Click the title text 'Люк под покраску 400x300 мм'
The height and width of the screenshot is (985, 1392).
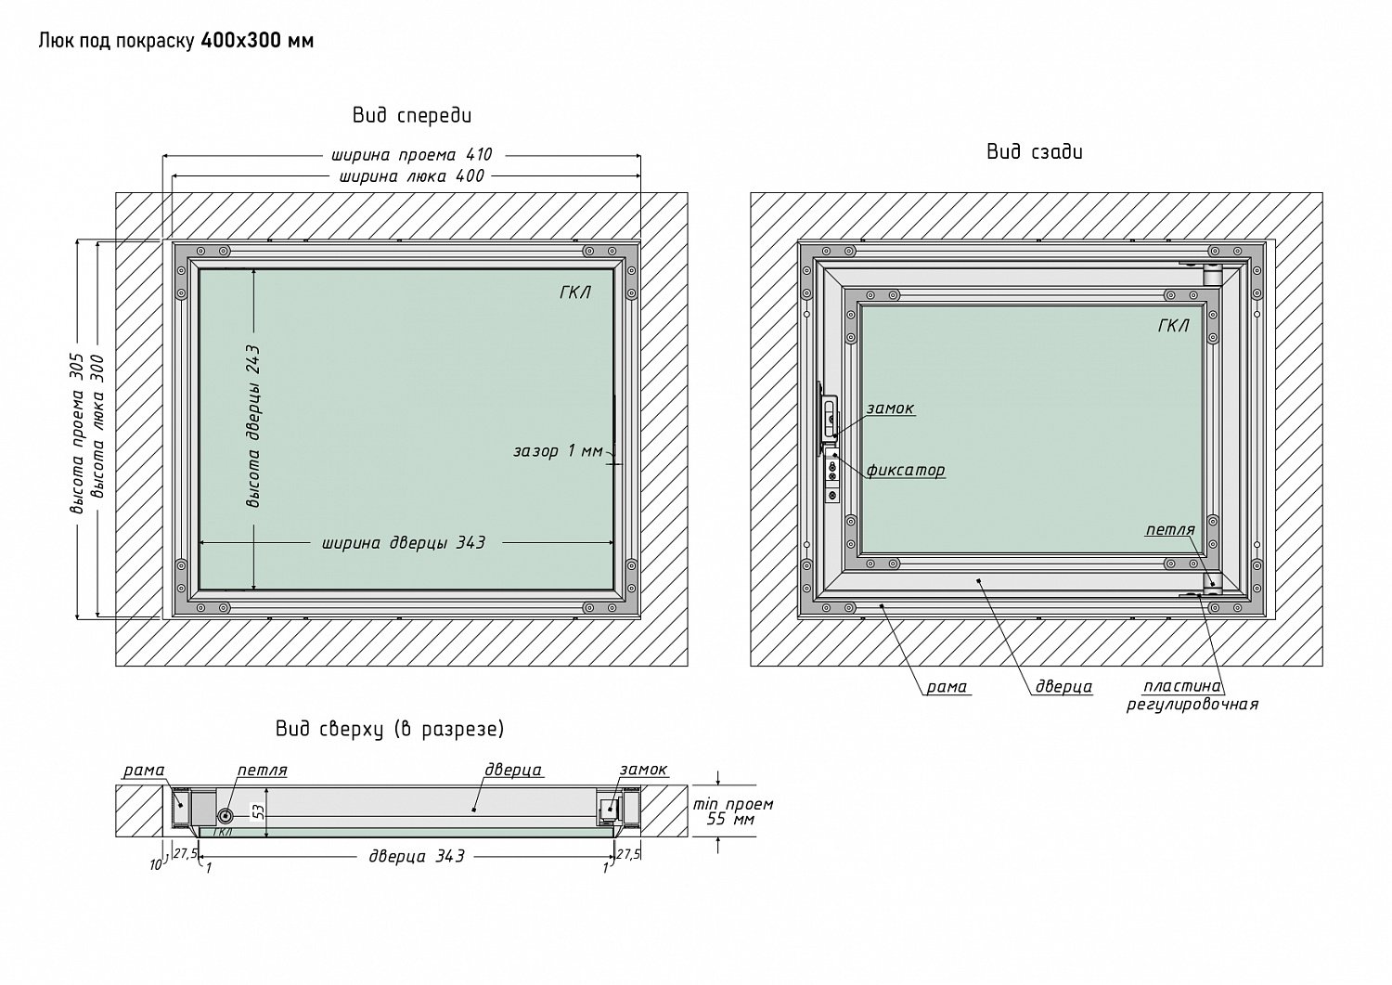click(x=176, y=41)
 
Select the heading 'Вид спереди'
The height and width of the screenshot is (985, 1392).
click(x=412, y=116)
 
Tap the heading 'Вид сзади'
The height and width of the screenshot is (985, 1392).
click(x=1035, y=151)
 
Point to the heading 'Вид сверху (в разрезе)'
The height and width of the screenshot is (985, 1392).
click(x=390, y=729)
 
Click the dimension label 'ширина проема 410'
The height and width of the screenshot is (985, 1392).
click(x=411, y=154)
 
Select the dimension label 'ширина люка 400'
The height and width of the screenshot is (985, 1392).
click(x=411, y=176)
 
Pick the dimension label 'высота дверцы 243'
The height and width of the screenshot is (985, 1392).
click(x=253, y=426)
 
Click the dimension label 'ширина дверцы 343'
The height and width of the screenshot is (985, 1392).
click(x=404, y=543)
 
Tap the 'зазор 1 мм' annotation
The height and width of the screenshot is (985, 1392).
click(x=558, y=451)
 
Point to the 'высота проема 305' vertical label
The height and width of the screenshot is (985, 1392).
click(x=76, y=434)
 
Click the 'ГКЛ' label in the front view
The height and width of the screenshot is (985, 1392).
click(x=574, y=292)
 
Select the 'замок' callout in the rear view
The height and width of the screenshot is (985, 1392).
click(x=890, y=408)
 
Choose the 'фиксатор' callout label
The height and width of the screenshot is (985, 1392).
click(x=906, y=470)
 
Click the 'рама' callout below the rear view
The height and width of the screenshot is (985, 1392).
click(x=947, y=687)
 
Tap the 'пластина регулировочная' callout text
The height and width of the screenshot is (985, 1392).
click(x=1192, y=695)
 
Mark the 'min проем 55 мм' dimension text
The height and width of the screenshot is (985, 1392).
click(x=733, y=811)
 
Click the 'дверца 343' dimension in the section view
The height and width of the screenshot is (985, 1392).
click(x=417, y=856)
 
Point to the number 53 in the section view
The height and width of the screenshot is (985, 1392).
click(x=259, y=811)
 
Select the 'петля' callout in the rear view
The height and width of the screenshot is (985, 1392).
click(x=1170, y=529)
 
